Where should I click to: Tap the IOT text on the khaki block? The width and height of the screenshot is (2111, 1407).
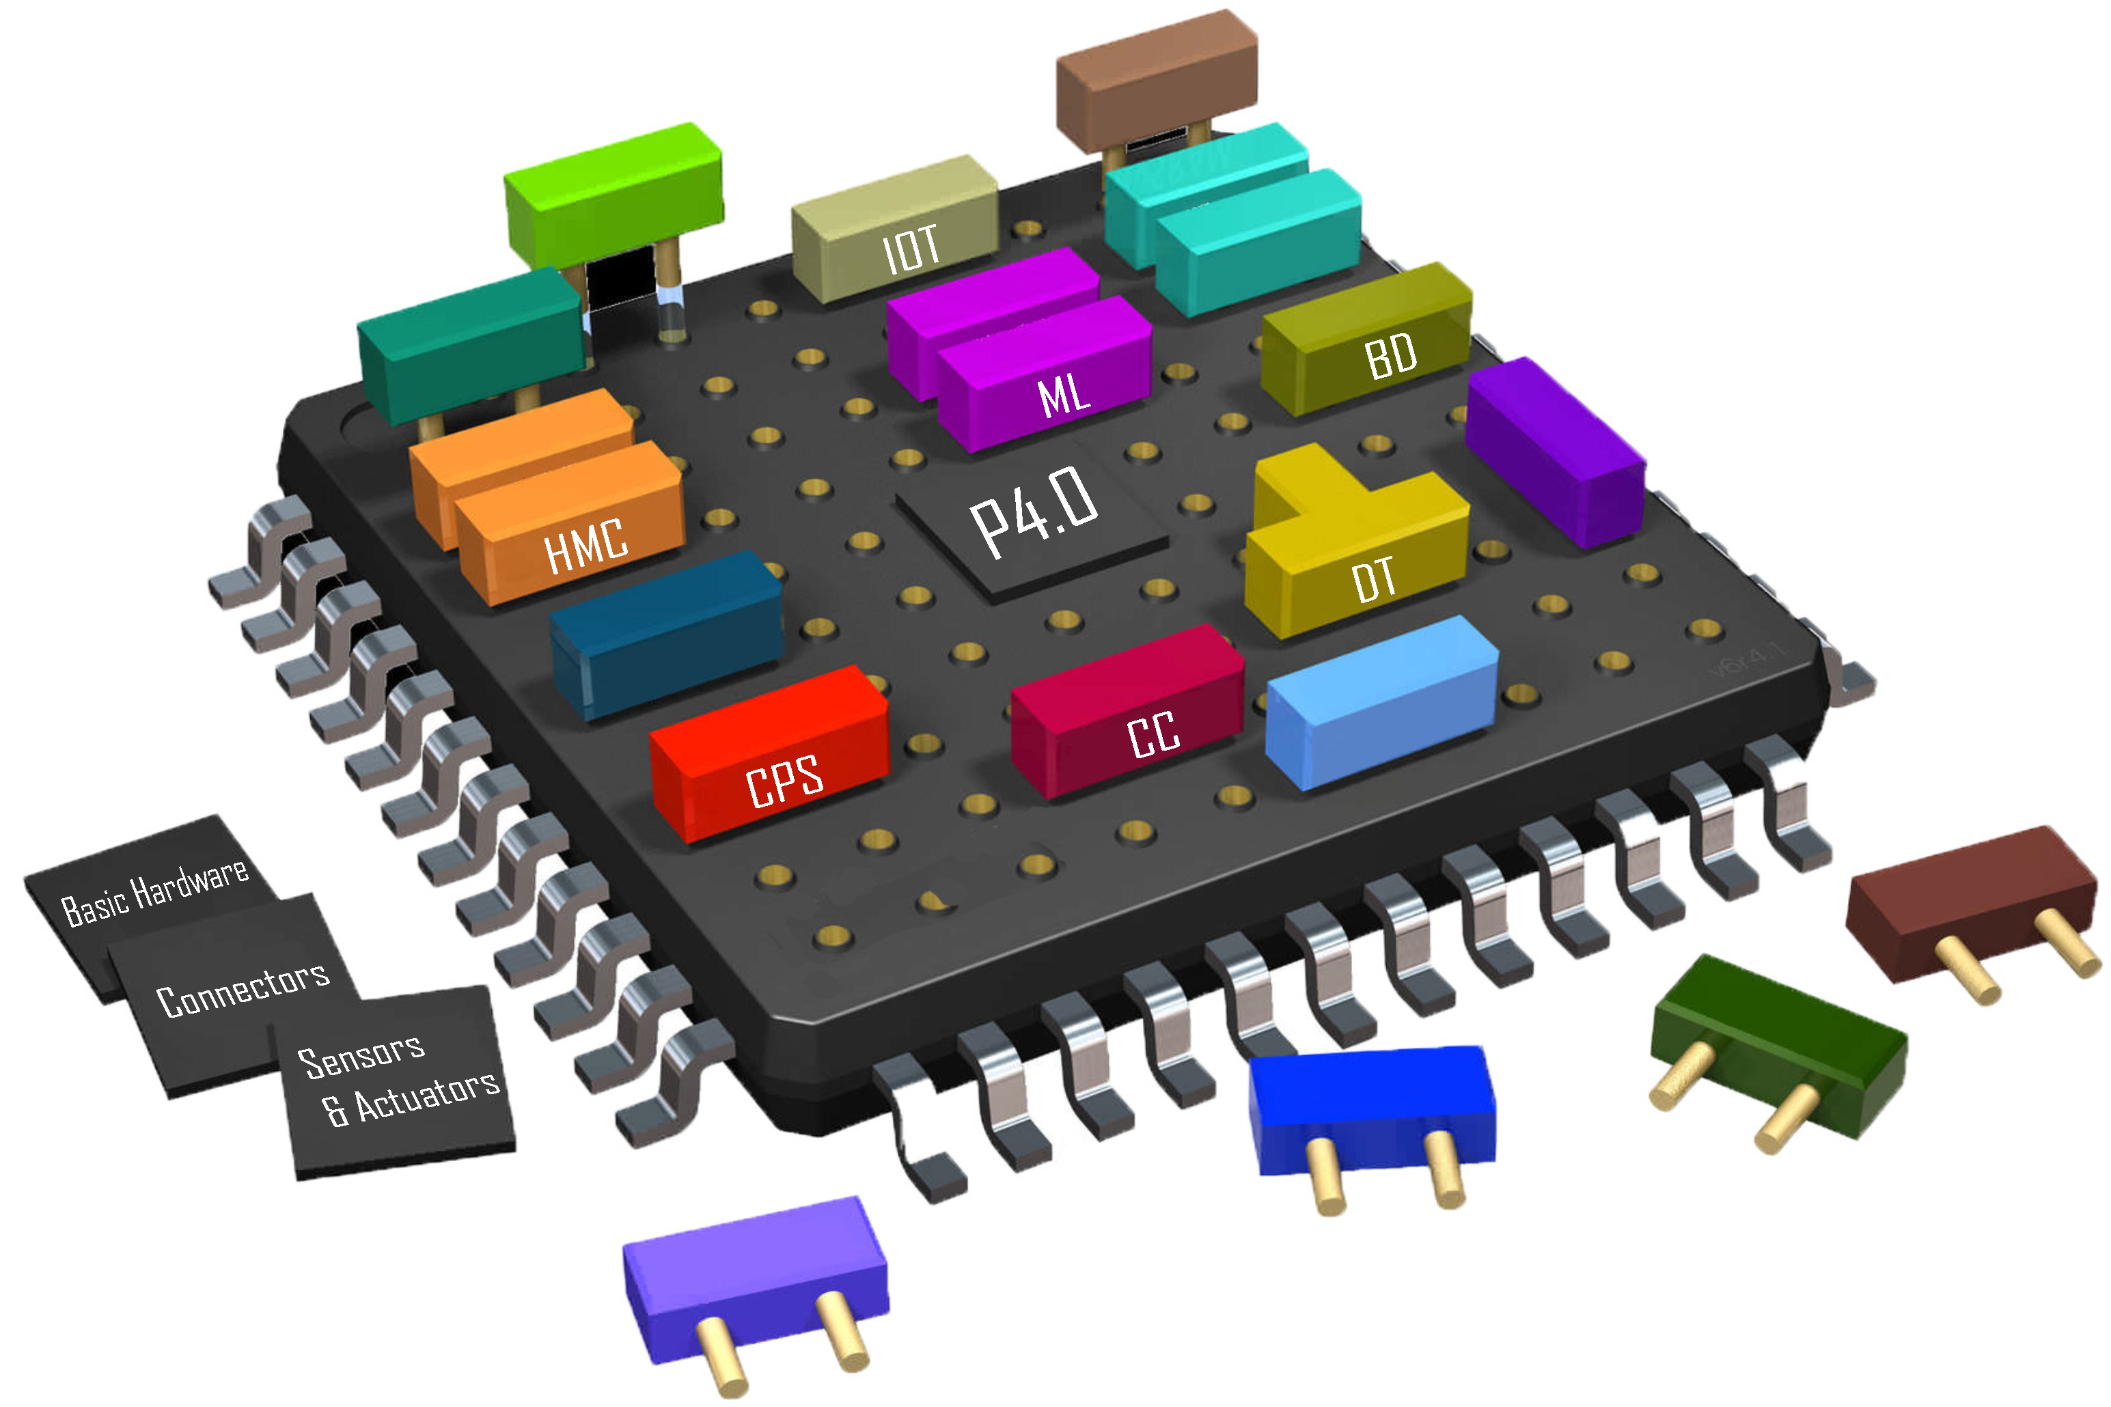[x=911, y=249]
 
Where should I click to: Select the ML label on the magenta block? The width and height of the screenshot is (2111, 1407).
[x=1064, y=395]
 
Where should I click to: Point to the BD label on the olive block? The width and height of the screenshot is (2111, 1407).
[x=1390, y=357]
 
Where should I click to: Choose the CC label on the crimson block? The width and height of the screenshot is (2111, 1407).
[x=1153, y=735]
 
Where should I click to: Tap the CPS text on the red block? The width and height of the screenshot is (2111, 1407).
[x=784, y=781]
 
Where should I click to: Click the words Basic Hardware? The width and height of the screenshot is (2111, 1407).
[x=154, y=892]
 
